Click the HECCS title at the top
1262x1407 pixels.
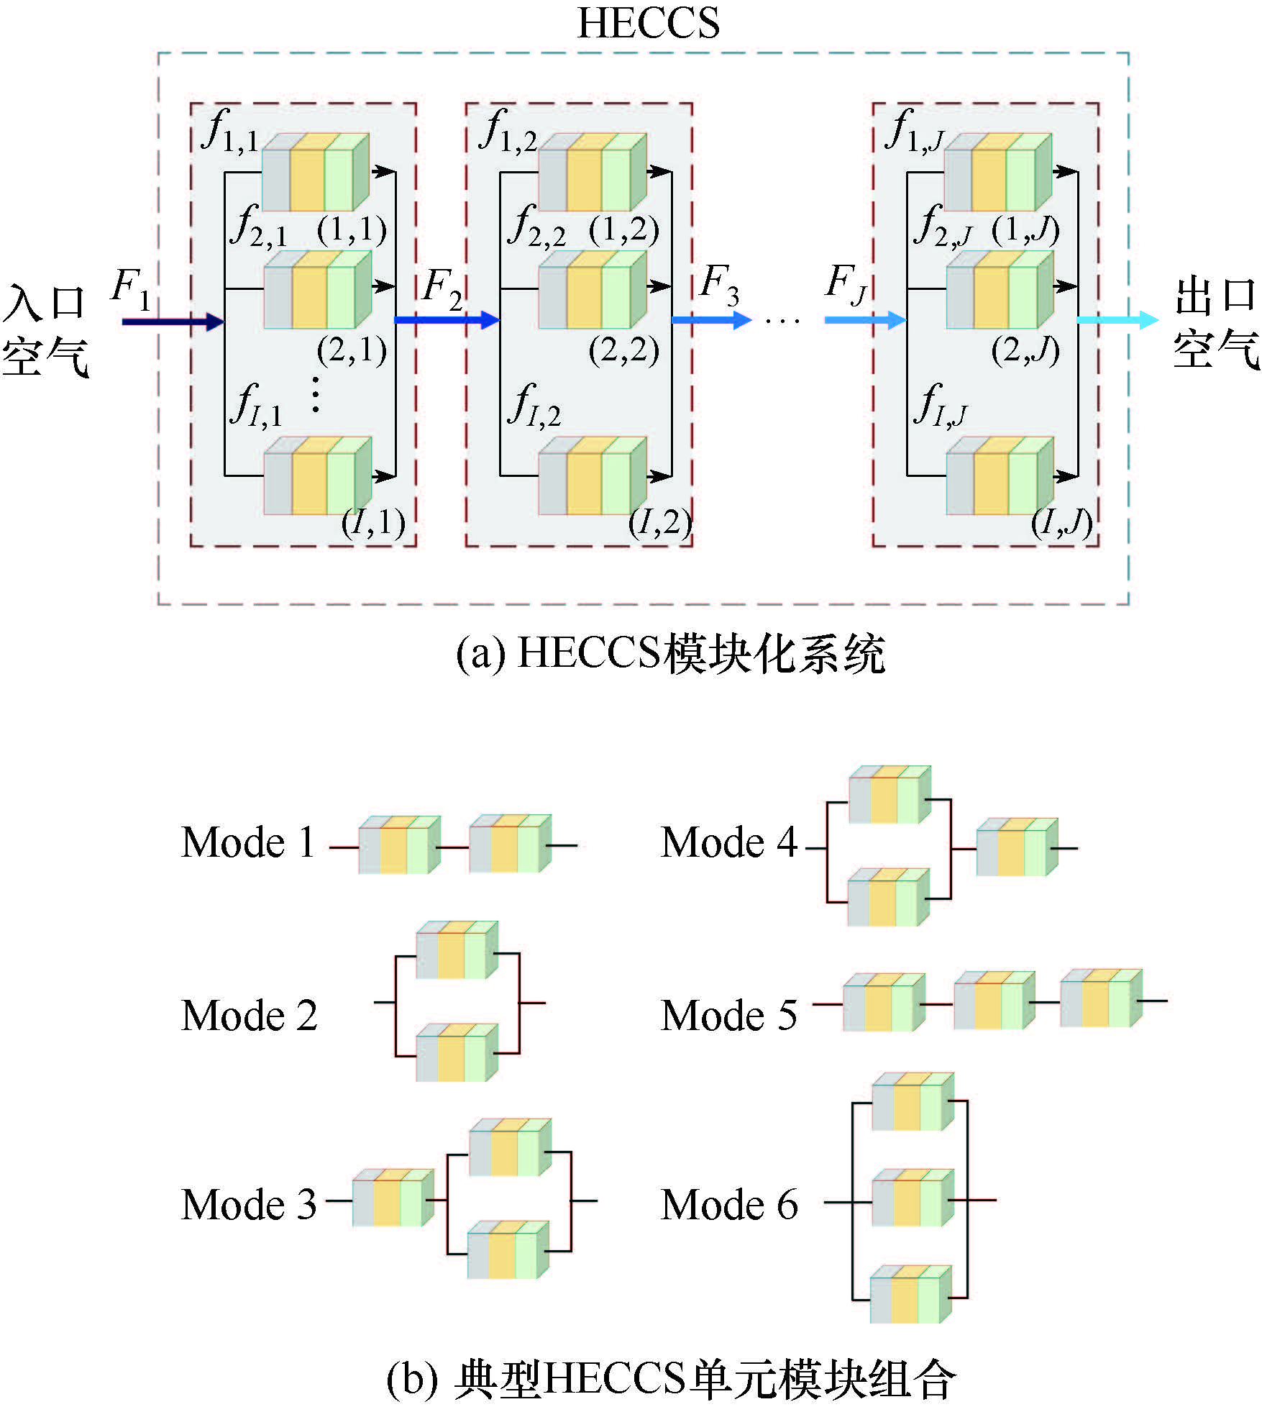[648, 23]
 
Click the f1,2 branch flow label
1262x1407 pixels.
[510, 132]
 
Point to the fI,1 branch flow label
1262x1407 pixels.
[255, 405]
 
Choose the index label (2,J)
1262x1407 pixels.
[1025, 350]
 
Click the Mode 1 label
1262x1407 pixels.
[248, 842]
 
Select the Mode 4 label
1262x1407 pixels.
[728, 842]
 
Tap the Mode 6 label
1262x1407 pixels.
[728, 1205]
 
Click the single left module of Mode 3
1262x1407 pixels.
[393, 1198]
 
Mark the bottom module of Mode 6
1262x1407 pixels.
[910, 1295]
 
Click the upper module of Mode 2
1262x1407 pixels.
[457, 950]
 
